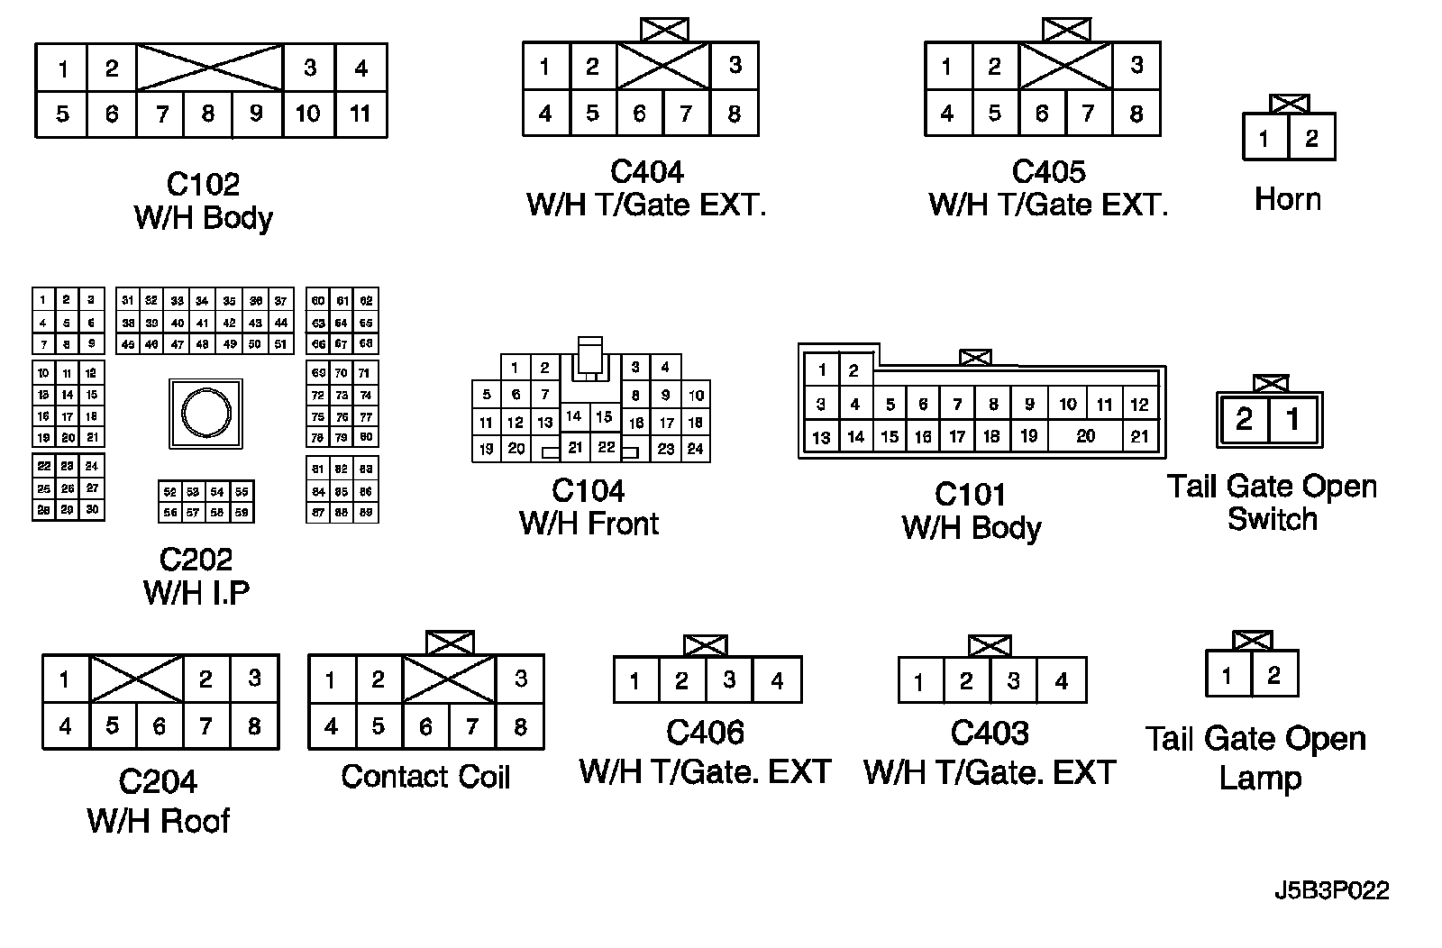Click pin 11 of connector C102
pyautogui.click(x=360, y=114)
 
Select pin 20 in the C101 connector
pyautogui.click(x=1086, y=436)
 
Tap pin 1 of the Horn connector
pyautogui.click(x=1264, y=139)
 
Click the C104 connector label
pyautogui.click(x=588, y=491)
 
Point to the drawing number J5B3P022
pyautogui.click(x=1331, y=890)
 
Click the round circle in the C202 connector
pyautogui.click(x=205, y=414)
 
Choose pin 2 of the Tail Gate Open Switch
pyautogui.click(x=1245, y=419)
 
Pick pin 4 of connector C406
pyautogui.click(x=777, y=680)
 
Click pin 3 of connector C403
pyautogui.click(x=1014, y=680)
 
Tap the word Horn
pyautogui.click(x=1287, y=199)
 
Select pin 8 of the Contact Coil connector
pyautogui.click(x=520, y=726)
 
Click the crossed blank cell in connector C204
pyautogui.click(x=137, y=679)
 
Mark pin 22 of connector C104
pyautogui.click(x=607, y=447)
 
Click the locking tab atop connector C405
pyautogui.click(x=1066, y=30)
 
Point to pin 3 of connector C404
pyautogui.click(x=735, y=65)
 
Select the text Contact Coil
pyautogui.click(x=425, y=777)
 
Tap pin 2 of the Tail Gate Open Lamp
pyautogui.click(x=1273, y=675)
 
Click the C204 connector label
pyautogui.click(x=158, y=781)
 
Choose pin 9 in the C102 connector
pyautogui.click(x=256, y=114)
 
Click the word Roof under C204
pyautogui.click(x=195, y=821)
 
